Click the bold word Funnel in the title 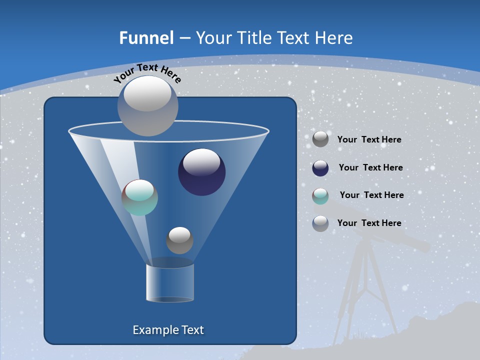146,38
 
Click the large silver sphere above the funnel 147,105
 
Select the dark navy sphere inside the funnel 201,172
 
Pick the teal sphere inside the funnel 139,197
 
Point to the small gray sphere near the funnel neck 179,240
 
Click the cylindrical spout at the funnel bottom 170,282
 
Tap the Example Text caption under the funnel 168,330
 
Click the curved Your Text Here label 147,73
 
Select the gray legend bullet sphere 320,139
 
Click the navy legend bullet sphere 320,168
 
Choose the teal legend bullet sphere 320,196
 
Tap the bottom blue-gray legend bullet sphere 320,223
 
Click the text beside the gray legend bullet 369,140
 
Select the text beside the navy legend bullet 370,168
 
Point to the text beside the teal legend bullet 371,195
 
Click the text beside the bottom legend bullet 369,223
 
